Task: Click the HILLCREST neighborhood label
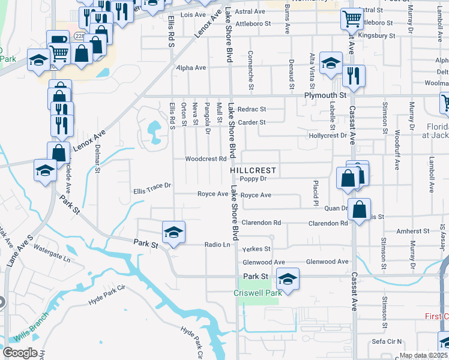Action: coord(252,170)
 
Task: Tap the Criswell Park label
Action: coord(258,293)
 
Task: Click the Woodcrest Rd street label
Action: coord(205,159)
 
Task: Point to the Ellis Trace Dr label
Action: coord(152,186)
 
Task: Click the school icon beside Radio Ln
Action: coord(173,232)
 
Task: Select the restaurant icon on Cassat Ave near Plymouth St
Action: coord(354,76)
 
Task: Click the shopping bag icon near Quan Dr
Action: coord(359,209)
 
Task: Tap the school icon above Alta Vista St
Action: coord(330,63)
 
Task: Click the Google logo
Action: coord(19,353)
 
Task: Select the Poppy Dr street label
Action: coord(252,178)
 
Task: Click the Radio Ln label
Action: coord(217,245)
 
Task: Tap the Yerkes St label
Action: coord(256,249)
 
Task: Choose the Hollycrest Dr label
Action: coord(328,136)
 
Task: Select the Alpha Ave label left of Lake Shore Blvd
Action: coord(191,68)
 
